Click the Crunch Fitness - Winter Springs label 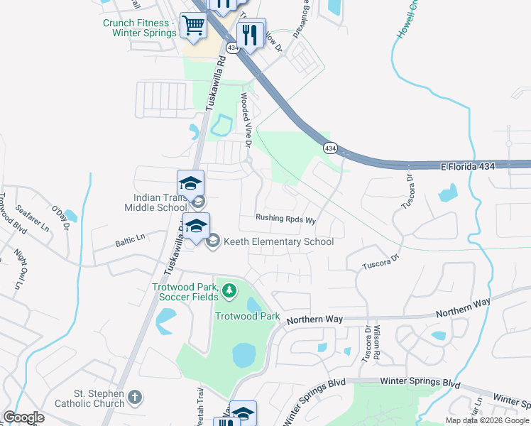pos(139,28)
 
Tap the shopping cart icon pos(193,26)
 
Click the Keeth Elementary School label pos(278,241)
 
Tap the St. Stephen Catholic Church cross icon pos(136,396)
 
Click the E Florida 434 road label pos(477,166)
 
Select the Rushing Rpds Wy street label pos(285,219)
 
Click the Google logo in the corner pos(23,417)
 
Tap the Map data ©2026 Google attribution pos(487,420)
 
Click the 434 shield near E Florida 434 pos(330,148)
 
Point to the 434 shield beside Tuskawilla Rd pos(232,47)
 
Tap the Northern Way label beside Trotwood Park pos(314,320)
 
